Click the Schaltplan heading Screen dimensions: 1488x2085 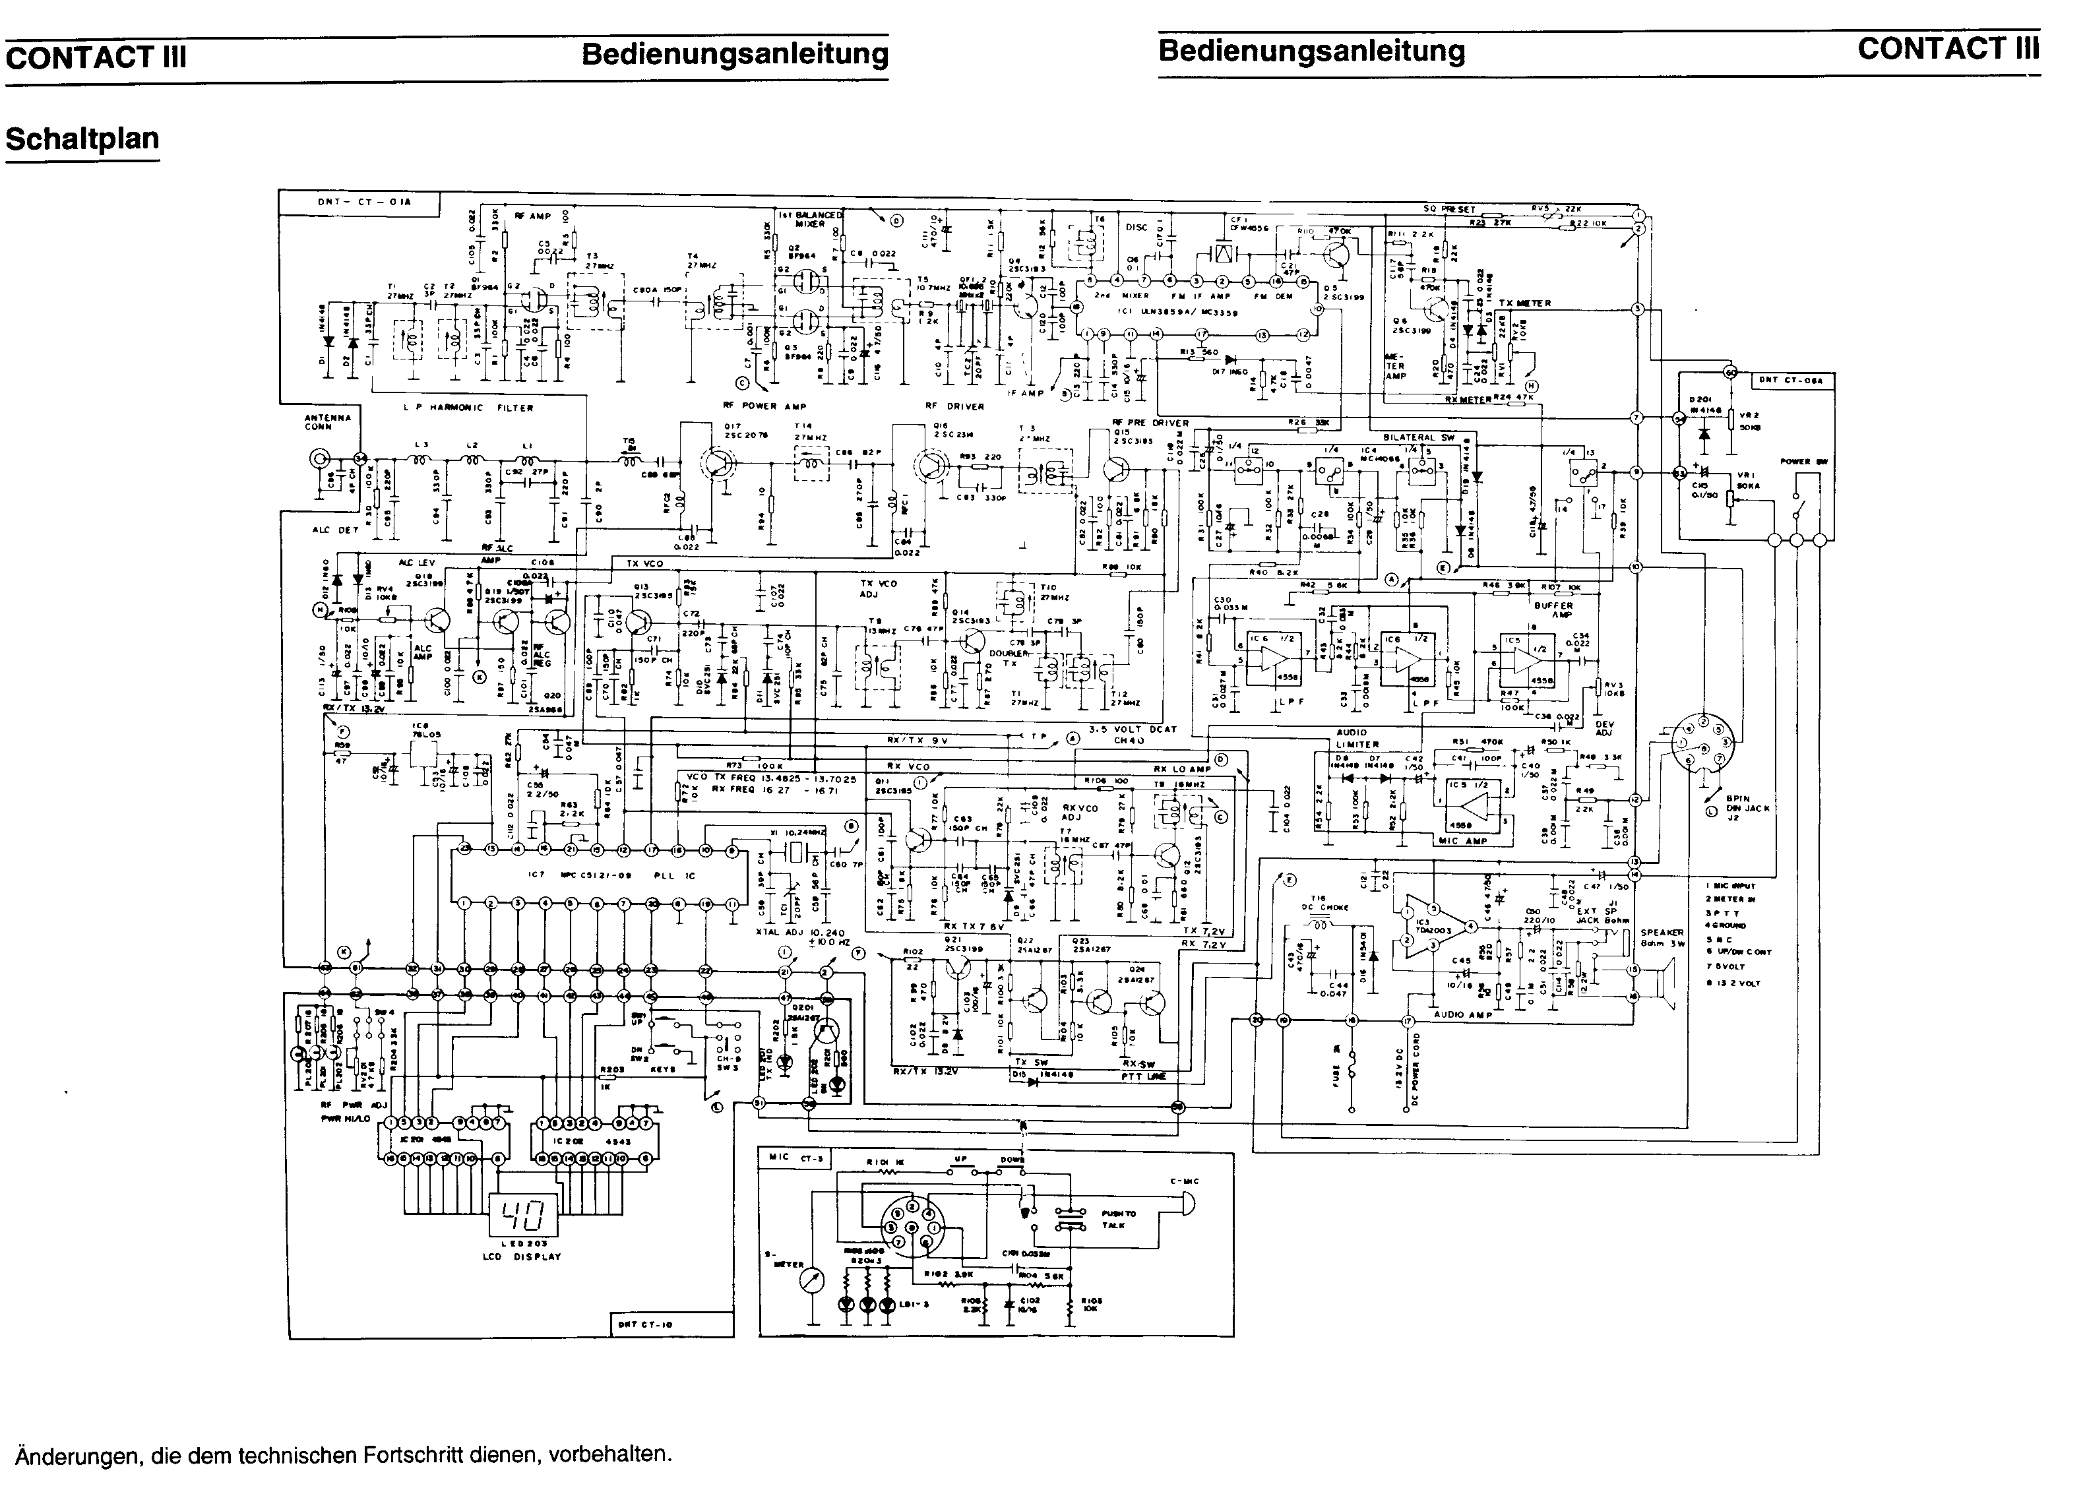[x=82, y=139]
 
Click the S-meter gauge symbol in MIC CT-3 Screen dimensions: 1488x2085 [x=813, y=1280]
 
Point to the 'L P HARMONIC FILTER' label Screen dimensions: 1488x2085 [x=468, y=408]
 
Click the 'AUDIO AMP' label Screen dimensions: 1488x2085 [x=1463, y=1015]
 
